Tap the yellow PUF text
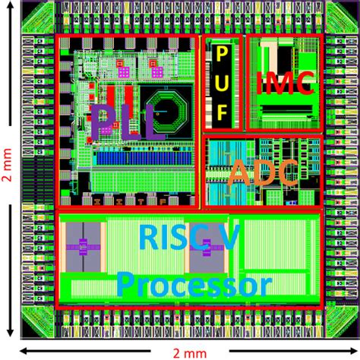click(x=222, y=84)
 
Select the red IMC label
click(x=286, y=83)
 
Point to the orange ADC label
click(x=264, y=173)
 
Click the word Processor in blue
click(x=194, y=285)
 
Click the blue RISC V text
click(x=189, y=237)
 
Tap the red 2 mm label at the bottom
click(x=190, y=353)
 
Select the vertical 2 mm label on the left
click(x=7, y=165)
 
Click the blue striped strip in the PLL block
click(x=144, y=158)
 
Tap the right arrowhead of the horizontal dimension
click(x=353, y=351)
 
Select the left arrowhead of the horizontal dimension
click(x=25, y=351)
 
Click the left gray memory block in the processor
click(x=83, y=247)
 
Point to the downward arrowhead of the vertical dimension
click(x=10, y=333)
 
